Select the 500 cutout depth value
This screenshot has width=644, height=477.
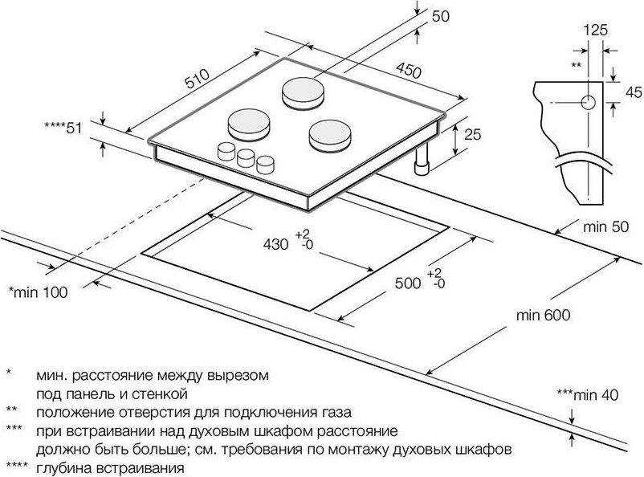409,282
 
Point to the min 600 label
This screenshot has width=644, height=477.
544,315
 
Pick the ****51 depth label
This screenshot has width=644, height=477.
64,128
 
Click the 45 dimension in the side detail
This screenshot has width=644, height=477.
630,91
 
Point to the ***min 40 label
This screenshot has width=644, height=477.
589,394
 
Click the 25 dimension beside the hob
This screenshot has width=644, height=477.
472,135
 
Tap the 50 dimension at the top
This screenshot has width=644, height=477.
441,15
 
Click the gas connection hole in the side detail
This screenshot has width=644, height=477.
586,104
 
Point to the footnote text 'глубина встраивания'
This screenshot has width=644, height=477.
111,467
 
